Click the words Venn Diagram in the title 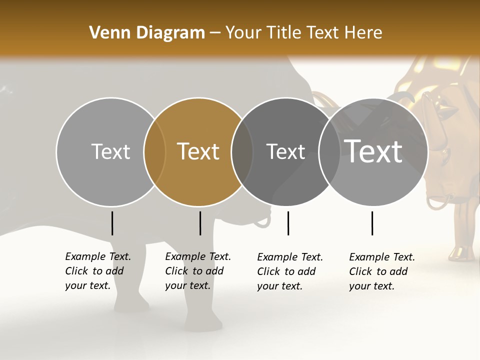pos(147,32)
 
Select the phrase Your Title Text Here pos(303,32)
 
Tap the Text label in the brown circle pos(198,151)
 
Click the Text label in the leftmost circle pos(110,151)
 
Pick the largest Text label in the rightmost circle pos(373,151)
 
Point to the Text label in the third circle pos(285,151)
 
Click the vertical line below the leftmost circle pos(112,223)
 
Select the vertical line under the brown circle pos(200,223)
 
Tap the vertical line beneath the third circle pos(288,223)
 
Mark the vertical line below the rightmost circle pos(372,223)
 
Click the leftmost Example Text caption pos(98,271)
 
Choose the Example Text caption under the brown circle pos(198,271)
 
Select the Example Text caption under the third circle pos(290,271)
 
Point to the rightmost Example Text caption pos(382,271)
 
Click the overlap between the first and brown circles pos(154,152)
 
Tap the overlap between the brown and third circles pos(242,152)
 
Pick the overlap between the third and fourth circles pos(329,152)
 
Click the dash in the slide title pos(215,33)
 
